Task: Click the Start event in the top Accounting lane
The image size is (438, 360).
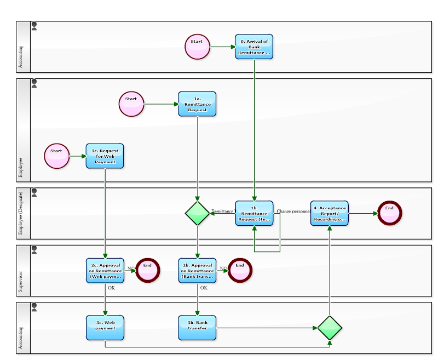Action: pyautogui.click(x=197, y=47)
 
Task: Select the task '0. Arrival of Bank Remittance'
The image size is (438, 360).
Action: pyautogui.click(x=254, y=47)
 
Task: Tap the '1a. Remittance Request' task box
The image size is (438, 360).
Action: pyautogui.click(x=197, y=104)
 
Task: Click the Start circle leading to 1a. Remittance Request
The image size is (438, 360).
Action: pyautogui.click(x=131, y=104)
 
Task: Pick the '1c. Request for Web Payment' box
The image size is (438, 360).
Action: pyautogui.click(x=105, y=156)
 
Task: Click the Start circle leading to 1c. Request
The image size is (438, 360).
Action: pyautogui.click(x=57, y=156)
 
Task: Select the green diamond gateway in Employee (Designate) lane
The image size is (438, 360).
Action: pyautogui.click(x=197, y=213)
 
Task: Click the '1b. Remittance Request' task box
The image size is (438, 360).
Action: pyautogui.click(x=254, y=213)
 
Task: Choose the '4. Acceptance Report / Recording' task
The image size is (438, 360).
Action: pyautogui.click(x=329, y=213)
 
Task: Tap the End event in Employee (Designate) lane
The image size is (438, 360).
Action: pyautogui.click(x=389, y=213)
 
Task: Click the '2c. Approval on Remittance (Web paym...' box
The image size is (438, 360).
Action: pyautogui.click(x=105, y=270)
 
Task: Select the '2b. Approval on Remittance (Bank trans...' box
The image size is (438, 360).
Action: pyautogui.click(x=197, y=270)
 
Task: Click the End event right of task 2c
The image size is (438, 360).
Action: pyautogui.click(x=148, y=270)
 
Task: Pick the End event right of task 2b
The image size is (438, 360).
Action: pyautogui.click(x=240, y=270)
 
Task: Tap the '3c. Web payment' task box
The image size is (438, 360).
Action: pyautogui.click(x=105, y=328)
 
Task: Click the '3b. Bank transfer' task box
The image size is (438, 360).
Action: pyautogui.click(x=197, y=328)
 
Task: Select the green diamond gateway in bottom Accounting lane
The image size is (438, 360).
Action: pyautogui.click(x=330, y=328)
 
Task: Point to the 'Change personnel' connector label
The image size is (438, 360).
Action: pyautogui.click(x=293, y=211)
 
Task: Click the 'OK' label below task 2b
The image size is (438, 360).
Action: pyautogui.click(x=204, y=288)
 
